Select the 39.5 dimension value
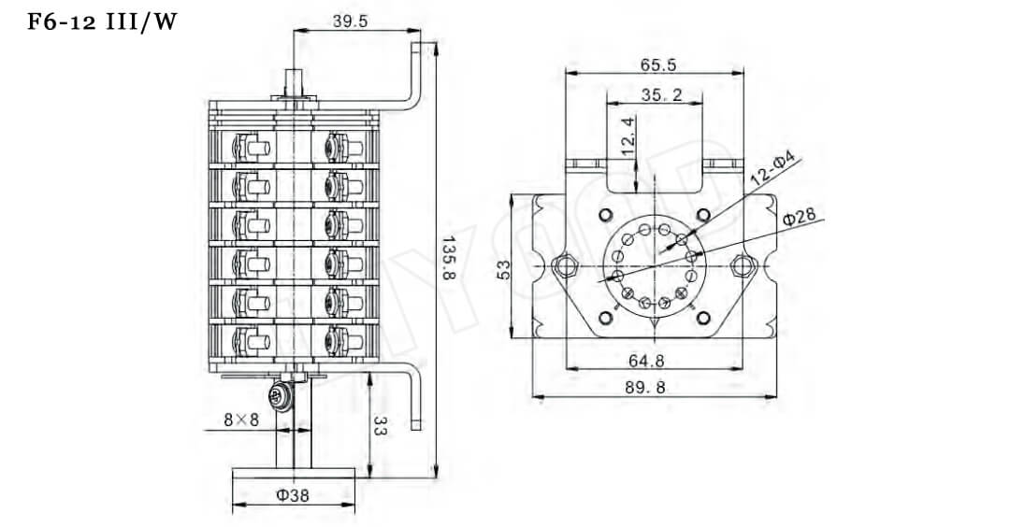(x=350, y=21)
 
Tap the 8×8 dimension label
(x=241, y=420)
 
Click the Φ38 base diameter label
(x=293, y=495)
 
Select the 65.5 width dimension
(x=658, y=64)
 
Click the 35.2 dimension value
(x=661, y=94)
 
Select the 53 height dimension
(x=504, y=268)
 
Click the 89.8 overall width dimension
(x=654, y=388)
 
